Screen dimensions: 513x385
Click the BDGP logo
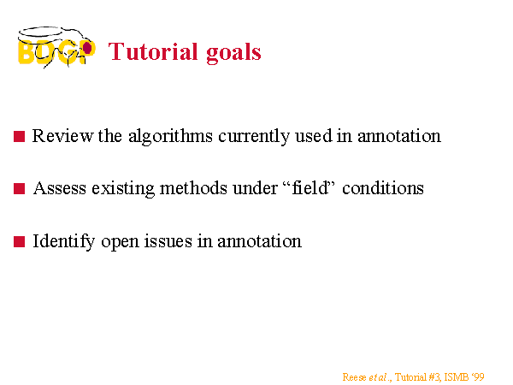click(x=56, y=47)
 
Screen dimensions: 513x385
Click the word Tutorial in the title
click(x=153, y=51)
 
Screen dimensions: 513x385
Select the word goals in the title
click(x=233, y=53)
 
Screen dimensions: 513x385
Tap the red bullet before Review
click(x=20, y=137)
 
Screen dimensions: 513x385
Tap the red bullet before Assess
click(x=20, y=189)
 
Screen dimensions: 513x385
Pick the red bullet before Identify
click(x=20, y=242)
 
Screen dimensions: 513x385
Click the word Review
click(x=62, y=135)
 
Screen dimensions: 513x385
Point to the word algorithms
click(x=170, y=137)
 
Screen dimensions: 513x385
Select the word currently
click(x=254, y=137)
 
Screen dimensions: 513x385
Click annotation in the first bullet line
click(x=399, y=136)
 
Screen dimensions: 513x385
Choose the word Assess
click(x=60, y=188)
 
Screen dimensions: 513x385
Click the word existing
click(x=123, y=189)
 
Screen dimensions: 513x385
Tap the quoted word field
click(x=310, y=187)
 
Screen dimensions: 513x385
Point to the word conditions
click(x=383, y=188)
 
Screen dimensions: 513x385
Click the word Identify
click(x=64, y=242)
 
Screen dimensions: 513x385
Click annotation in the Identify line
click(x=259, y=241)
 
